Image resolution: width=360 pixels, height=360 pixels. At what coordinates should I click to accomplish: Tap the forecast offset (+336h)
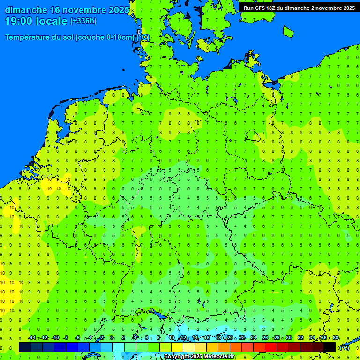83,21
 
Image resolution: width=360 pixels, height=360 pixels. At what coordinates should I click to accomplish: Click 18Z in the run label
272,8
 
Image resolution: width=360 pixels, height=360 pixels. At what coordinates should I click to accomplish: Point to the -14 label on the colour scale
31,338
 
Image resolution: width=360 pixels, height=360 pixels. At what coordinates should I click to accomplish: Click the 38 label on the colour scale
335,338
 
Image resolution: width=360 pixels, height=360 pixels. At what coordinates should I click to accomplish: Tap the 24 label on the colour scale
253,338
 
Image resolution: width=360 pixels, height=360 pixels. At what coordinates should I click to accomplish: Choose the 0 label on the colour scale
112,338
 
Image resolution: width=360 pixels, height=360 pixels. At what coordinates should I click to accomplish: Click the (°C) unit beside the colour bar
344,347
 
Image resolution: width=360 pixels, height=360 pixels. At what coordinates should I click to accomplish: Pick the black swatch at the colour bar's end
330,347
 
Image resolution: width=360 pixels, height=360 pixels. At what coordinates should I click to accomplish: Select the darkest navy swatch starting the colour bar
25,347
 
